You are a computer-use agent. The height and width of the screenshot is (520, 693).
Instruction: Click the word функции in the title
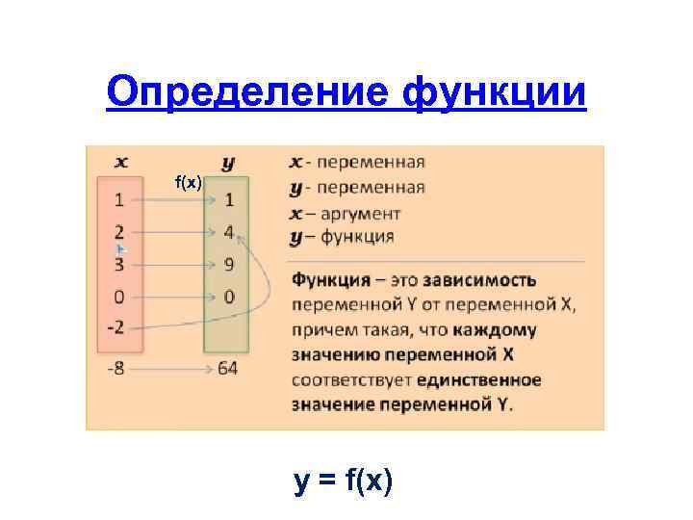tap(495, 92)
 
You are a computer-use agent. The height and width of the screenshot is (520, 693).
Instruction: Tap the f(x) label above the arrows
tap(188, 182)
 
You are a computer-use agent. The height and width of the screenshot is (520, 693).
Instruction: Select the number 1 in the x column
tap(118, 201)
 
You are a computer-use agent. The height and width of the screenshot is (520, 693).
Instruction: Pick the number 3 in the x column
tap(118, 264)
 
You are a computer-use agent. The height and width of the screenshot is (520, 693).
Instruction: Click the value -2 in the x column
tap(115, 326)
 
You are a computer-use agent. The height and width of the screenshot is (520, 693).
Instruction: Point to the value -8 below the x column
tap(115, 369)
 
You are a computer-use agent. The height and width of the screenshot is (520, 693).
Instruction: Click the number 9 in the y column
tap(229, 264)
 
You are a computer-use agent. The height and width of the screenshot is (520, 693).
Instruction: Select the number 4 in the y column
tap(229, 232)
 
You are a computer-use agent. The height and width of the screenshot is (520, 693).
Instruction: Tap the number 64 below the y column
tap(228, 369)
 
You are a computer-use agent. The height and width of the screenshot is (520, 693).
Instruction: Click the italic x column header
tap(122, 162)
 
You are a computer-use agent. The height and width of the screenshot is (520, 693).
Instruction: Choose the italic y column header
tap(228, 163)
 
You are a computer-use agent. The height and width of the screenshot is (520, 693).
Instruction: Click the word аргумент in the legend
tap(362, 212)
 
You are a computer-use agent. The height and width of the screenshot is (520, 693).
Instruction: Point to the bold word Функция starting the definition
tap(331, 280)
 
